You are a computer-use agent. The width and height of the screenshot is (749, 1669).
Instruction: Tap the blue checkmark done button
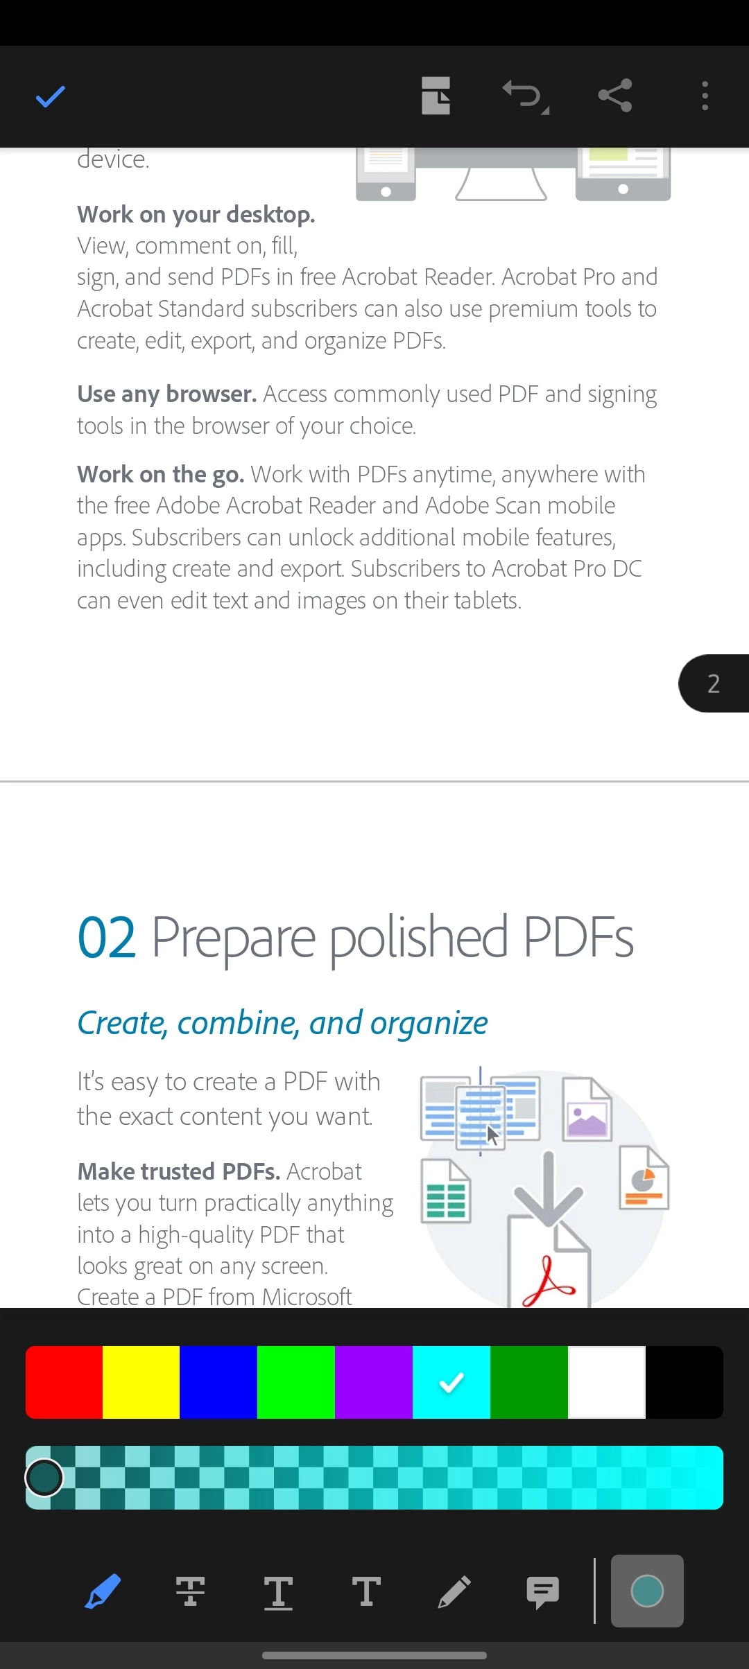coord(50,97)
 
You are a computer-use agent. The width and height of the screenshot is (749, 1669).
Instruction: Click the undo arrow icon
coord(525,96)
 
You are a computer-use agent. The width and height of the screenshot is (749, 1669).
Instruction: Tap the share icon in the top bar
coord(615,96)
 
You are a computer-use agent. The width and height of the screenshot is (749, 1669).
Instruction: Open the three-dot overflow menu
coord(705,96)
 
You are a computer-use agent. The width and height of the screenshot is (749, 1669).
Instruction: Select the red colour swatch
coord(64,1382)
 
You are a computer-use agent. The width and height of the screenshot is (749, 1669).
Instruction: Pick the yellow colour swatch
coord(141,1382)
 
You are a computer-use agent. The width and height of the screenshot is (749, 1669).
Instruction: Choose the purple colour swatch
coord(374,1382)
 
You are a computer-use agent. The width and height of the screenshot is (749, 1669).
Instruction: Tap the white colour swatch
coord(607,1382)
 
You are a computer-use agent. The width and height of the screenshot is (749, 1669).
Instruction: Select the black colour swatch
coord(685,1382)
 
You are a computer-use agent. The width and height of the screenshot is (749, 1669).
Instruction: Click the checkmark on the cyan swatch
coord(451,1383)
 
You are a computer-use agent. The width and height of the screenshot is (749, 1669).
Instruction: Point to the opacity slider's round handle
coord(44,1477)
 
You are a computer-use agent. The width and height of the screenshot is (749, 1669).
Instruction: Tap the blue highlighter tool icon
coord(103,1591)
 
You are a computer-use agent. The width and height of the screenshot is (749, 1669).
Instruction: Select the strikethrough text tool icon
coord(190,1591)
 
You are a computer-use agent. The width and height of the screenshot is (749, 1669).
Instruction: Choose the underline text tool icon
coord(278,1592)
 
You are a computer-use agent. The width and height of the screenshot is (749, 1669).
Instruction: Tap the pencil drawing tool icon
coord(454,1591)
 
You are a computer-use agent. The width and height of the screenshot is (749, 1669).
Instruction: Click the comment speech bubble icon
coord(542,1592)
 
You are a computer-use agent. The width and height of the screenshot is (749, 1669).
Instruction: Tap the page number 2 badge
coord(714,683)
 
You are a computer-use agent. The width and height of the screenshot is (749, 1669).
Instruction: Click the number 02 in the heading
coord(106,938)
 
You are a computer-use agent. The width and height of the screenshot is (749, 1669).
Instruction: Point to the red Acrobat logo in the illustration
coord(548,1282)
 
